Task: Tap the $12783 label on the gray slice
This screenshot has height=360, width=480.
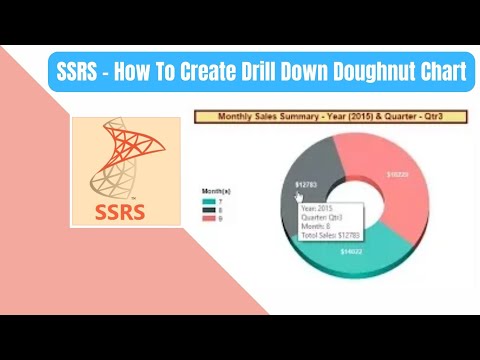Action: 306,185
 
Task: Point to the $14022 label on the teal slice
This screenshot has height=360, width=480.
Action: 352,251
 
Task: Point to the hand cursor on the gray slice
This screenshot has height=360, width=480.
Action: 296,197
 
